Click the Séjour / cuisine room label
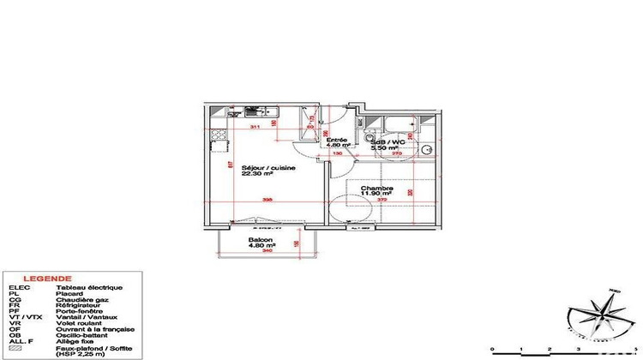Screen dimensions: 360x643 (x=268, y=167)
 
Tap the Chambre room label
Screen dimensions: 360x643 (x=376, y=188)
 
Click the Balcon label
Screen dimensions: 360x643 (x=261, y=240)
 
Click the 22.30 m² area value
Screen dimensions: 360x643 (x=257, y=175)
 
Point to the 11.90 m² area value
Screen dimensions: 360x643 (x=376, y=195)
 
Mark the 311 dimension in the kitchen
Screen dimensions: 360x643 (x=255, y=128)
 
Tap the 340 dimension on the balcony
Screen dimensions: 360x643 (x=267, y=252)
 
